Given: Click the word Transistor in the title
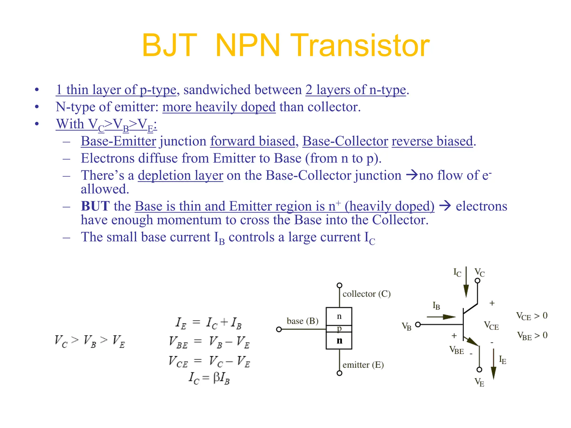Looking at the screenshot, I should pos(362,45).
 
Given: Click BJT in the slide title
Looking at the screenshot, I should pos(169,45).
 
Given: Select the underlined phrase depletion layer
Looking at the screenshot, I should pos(180,176).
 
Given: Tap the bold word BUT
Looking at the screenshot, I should pos(95,206).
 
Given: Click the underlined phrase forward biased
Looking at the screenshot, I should pos(253,141).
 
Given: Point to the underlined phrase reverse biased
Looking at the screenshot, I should pos(432,141).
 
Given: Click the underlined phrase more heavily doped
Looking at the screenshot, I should pos(219,107).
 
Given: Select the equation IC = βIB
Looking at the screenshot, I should pos(209,378).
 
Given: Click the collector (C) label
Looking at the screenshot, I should pos(366,294).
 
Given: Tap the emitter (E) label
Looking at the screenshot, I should pos(363,365).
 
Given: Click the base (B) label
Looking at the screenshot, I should pos(303,321).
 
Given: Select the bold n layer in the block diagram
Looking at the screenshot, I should pos(339,341).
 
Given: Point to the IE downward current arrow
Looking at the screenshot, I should pos(493,365).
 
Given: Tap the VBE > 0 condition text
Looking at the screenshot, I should pos(532,336).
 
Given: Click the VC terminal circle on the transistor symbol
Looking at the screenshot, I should pos(478,281).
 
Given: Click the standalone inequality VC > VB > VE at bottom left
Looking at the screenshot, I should pos(90,341).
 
